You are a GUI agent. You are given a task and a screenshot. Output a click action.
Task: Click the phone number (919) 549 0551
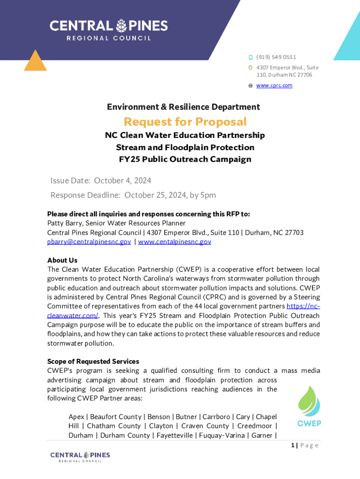[x=276, y=57]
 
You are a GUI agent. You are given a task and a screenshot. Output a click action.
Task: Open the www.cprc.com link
[x=274, y=86]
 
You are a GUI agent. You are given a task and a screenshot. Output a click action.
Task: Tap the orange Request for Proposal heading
[x=185, y=122]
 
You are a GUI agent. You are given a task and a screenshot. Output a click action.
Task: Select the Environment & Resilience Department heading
[x=183, y=107]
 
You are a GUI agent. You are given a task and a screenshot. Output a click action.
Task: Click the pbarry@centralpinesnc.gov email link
[x=89, y=242]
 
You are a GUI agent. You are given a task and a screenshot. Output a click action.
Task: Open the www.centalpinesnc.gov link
[x=174, y=242]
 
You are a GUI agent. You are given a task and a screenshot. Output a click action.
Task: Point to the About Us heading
[x=62, y=260]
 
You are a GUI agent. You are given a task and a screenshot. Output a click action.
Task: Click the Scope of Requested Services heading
[x=93, y=362]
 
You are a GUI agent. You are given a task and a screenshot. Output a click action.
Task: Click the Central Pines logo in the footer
[x=80, y=457]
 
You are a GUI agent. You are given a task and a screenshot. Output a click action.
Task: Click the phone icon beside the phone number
[x=251, y=58]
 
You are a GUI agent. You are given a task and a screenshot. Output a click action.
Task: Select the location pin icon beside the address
[x=251, y=68]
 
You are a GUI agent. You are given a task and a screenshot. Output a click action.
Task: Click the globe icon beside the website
[x=251, y=86]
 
